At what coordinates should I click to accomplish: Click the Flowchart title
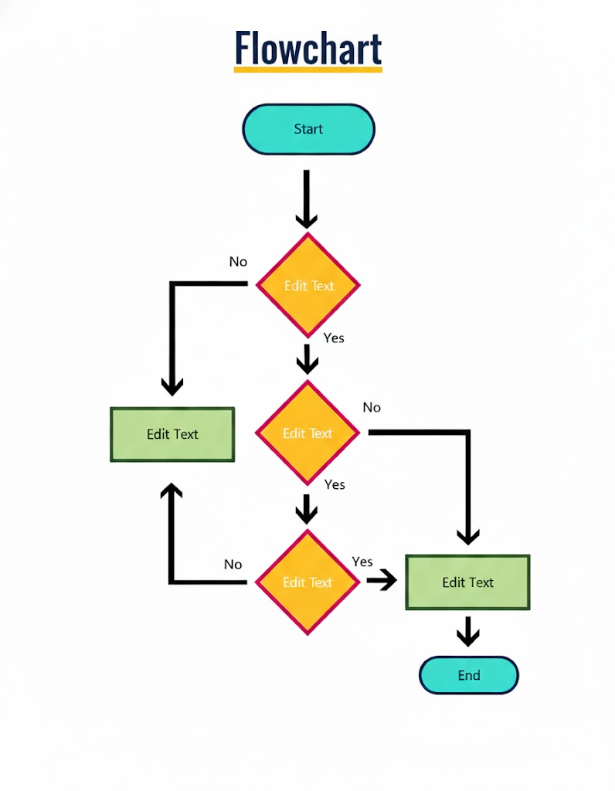tap(307, 48)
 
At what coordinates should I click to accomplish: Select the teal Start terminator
tap(308, 129)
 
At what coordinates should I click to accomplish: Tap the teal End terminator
tap(468, 675)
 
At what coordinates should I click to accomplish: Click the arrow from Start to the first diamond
tap(307, 199)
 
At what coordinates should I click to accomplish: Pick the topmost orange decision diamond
tap(307, 285)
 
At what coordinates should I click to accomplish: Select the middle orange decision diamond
tap(307, 433)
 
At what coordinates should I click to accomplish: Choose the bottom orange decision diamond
tap(307, 582)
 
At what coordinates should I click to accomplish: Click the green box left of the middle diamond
tap(172, 434)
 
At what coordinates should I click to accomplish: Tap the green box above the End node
tap(467, 582)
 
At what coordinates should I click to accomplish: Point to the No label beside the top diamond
tap(238, 262)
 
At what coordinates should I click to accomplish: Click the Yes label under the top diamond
tap(334, 338)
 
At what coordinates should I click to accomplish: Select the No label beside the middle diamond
tap(372, 407)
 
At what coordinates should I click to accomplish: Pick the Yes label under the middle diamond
tap(335, 484)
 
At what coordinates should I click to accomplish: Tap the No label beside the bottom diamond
tap(233, 565)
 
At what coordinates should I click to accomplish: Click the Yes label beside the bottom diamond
tap(362, 562)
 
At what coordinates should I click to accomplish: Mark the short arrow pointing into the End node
tap(467, 632)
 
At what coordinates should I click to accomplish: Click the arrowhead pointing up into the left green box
tap(172, 491)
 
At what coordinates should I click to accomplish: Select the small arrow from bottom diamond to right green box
tap(381, 580)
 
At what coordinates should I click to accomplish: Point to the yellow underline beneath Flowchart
tap(307, 70)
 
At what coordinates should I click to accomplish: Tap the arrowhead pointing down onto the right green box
tap(468, 536)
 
